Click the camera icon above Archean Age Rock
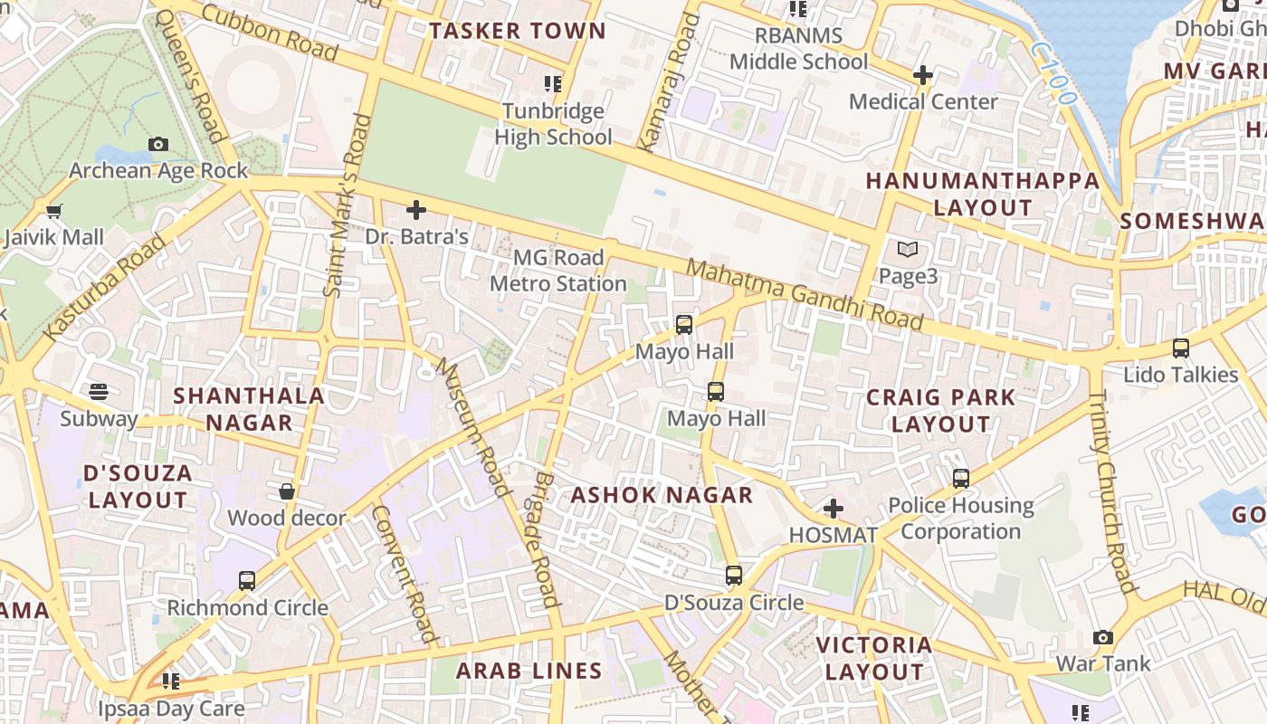click(158, 144)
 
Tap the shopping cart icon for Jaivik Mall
click(53, 212)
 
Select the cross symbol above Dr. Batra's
click(416, 211)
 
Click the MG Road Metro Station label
click(557, 271)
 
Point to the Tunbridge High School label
click(553, 124)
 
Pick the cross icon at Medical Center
click(923, 75)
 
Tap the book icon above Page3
click(908, 250)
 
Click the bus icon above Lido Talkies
click(1180, 348)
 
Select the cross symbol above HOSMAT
click(834, 509)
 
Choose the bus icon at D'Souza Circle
click(734, 576)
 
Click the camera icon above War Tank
click(1102, 637)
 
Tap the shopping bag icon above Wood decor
click(287, 491)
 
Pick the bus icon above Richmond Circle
click(247, 581)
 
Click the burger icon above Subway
click(99, 392)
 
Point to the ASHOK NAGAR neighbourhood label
click(662, 495)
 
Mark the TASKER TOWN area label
click(518, 31)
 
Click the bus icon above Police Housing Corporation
click(961, 478)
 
